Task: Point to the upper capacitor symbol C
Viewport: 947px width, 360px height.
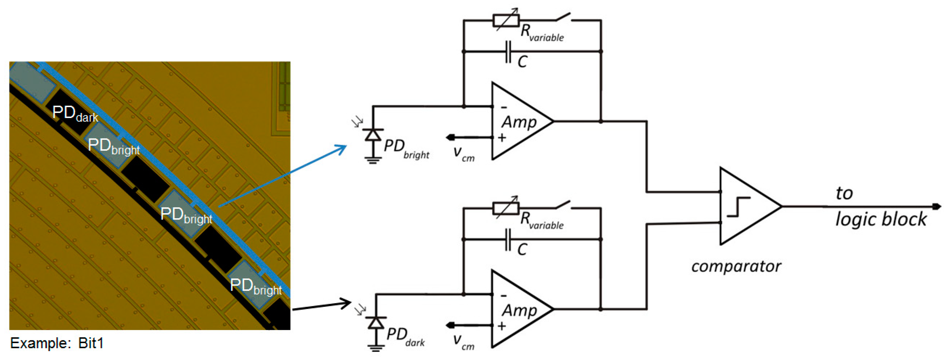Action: (508, 52)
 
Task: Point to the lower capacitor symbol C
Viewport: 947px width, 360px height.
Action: (508, 239)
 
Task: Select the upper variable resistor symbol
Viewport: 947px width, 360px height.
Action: (506, 20)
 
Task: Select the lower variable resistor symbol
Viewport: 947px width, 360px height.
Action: (506, 208)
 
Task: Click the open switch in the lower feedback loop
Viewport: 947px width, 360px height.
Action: (563, 205)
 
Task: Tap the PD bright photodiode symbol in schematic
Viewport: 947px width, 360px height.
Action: (373, 135)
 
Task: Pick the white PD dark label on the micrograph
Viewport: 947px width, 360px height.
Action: (75, 114)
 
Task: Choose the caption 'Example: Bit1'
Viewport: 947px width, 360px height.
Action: (57, 343)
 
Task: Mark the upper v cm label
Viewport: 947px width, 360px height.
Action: (463, 153)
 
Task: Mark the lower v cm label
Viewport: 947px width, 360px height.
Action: (463, 341)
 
